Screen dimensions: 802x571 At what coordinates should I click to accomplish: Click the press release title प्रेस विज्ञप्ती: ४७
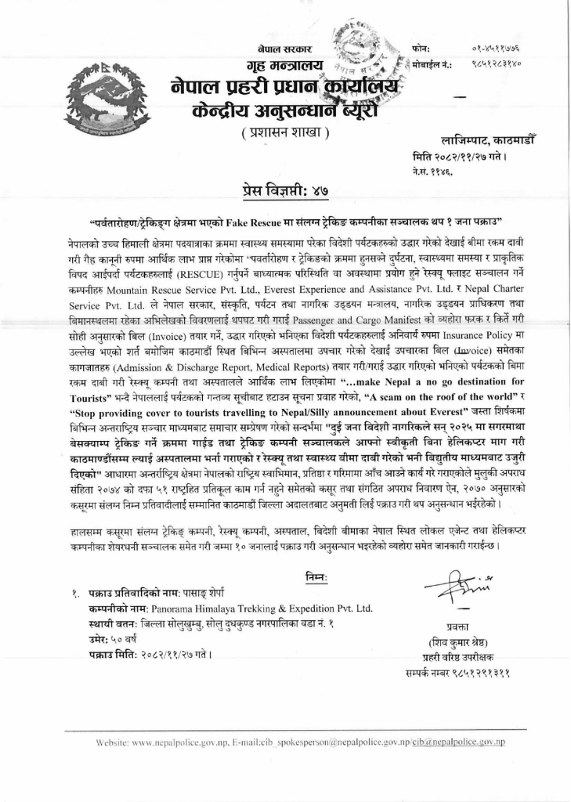point(284,188)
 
